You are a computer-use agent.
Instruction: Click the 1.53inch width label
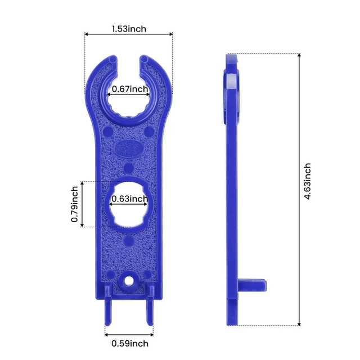[x=129, y=29]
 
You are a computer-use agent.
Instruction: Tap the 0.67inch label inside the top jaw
[x=130, y=89]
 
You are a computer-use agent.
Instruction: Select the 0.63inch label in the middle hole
[x=130, y=199]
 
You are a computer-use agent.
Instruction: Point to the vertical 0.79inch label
[x=74, y=204]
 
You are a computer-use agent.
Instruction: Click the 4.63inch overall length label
[x=307, y=182]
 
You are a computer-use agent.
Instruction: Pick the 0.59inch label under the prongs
[x=129, y=343]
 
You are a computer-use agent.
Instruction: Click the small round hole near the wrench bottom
[x=129, y=279]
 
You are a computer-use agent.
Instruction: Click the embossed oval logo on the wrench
[x=129, y=148]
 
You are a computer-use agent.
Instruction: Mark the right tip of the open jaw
[x=145, y=59]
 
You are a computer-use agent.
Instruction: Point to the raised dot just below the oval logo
[x=129, y=167]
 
